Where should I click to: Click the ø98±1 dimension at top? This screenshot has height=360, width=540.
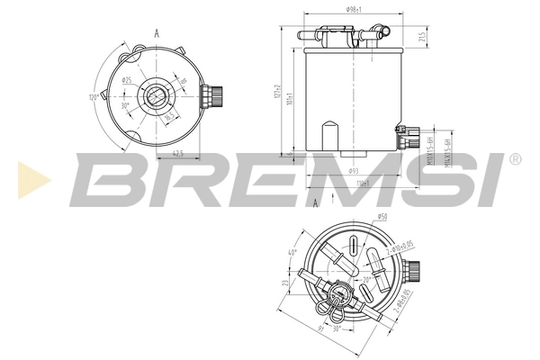coord(353,9)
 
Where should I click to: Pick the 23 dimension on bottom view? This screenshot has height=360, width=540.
coord(286,285)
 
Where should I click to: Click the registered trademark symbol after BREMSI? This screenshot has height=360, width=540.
coord(514,159)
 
